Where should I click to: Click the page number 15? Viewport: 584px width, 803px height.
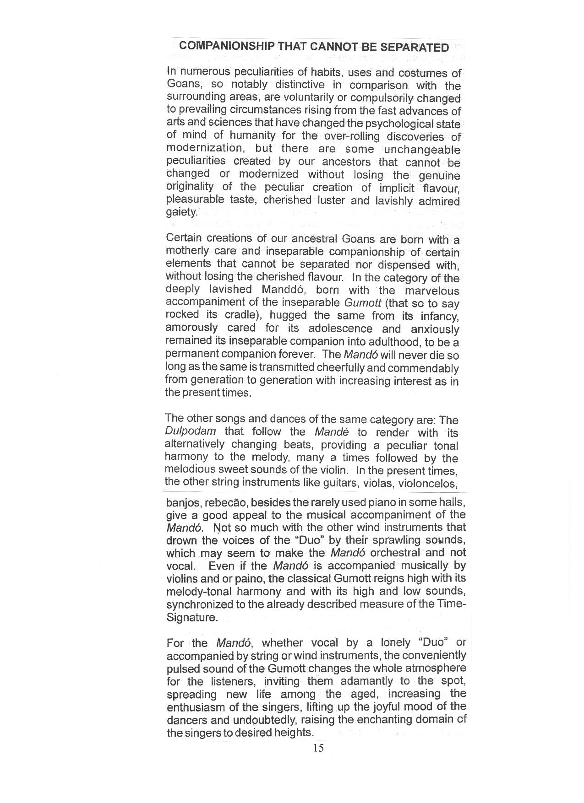[x=318, y=748]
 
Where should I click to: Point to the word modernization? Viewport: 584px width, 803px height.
[x=204, y=148]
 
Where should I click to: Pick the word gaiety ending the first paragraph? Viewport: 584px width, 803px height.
[x=181, y=212]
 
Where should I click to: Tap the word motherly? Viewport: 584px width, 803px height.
[x=187, y=251]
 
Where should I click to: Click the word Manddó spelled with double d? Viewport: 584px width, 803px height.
[x=284, y=290]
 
